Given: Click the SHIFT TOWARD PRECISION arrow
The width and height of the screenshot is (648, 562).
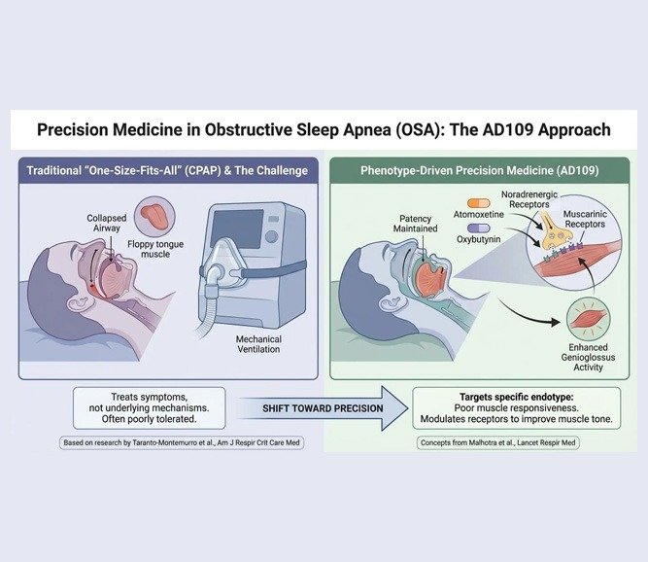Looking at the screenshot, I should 324,406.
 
